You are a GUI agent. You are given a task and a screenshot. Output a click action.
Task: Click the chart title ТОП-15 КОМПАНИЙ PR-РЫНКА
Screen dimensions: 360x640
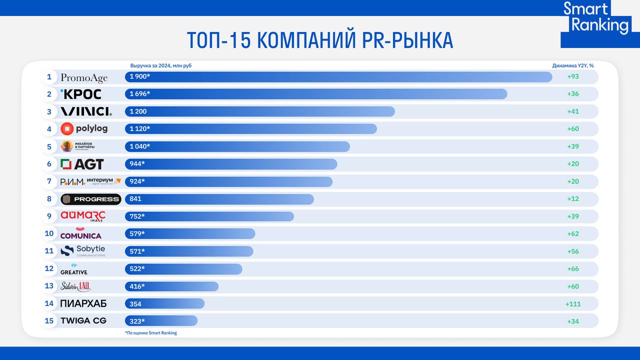pos(320,40)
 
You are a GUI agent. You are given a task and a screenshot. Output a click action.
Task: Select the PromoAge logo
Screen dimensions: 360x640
pos(84,77)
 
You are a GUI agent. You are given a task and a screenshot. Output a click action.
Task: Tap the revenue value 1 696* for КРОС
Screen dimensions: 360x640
pos(140,94)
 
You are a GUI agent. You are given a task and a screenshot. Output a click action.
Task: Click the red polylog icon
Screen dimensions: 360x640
pos(67,129)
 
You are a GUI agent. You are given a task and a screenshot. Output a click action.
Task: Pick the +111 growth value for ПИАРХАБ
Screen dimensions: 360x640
pos(573,303)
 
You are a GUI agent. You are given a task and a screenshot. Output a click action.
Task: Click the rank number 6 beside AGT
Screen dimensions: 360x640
pos(49,164)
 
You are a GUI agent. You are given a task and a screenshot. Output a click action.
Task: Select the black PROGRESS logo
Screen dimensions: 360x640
pos(90,199)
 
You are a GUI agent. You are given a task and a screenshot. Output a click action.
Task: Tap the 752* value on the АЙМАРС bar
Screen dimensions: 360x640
pos(137,216)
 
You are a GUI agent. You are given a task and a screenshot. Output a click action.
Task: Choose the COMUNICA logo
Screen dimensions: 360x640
pos(80,233)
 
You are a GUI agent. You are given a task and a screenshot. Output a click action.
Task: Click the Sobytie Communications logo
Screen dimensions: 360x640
pos(83,251)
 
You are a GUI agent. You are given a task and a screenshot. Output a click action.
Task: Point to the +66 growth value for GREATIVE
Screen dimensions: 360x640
pos(573,269)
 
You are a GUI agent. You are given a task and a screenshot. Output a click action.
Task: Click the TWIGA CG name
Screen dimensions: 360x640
pos(83,321)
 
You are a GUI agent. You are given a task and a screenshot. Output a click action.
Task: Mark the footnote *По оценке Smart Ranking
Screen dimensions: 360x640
pos(151,333)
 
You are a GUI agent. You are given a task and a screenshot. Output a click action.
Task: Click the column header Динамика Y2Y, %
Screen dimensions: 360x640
pos(573,65)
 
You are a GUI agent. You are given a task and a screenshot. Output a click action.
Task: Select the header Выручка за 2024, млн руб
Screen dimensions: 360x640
pos(160,65)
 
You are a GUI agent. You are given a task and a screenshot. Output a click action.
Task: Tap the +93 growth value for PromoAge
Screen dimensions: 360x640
pos(573,76)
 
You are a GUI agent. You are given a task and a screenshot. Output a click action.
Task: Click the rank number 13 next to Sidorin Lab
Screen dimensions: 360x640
pos(49,286)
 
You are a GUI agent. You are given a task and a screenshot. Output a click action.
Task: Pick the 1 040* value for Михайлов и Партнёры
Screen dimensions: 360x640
pos(140,146)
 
